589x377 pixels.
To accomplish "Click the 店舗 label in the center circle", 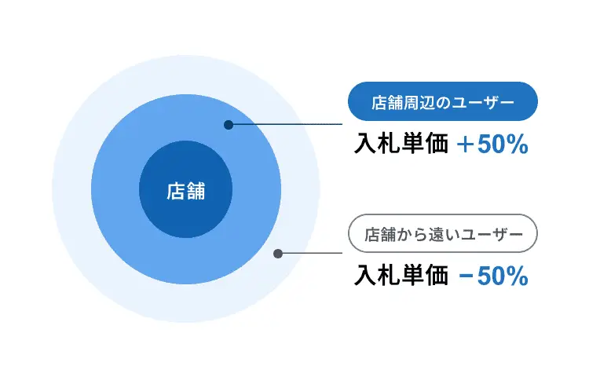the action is (186, 191).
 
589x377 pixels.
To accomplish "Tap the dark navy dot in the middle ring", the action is (229, 125).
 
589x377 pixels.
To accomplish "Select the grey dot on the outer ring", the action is (278, 254).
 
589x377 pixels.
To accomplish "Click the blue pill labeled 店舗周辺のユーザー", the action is (443, 101).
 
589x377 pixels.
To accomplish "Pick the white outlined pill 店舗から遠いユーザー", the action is (443, 233).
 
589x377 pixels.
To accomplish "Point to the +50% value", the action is (492, 145).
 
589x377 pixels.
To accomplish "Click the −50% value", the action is (493, 276).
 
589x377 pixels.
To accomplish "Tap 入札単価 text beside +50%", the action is (401, 144).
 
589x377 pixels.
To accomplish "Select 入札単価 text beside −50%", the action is (401, 276).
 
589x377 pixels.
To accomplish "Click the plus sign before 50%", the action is (465, 145).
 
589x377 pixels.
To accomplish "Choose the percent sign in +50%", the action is (518, 145).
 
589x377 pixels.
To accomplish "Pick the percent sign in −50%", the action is (518, 276).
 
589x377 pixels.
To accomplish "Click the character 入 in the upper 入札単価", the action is (365, 144).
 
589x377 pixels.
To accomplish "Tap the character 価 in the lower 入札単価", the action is (437, 276).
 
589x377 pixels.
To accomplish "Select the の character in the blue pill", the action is (442, 102).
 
